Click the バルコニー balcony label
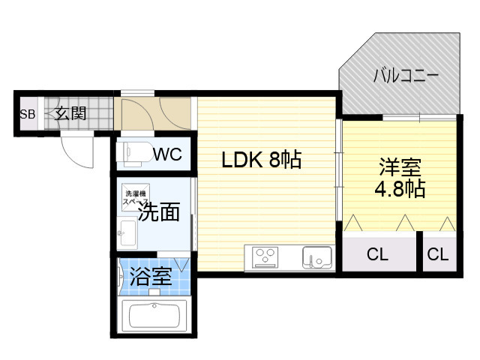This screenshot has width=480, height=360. tap(406, 76)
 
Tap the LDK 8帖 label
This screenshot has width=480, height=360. tap(260, 160)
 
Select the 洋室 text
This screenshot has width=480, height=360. tap(399, 166)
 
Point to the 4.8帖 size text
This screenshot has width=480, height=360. tap(399, 188)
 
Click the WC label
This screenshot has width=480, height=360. tap(167, 154)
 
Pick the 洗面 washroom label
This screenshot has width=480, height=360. tap(159, 212)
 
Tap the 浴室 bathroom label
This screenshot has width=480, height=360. tap(151, 277)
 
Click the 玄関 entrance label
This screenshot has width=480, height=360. tap(70, 114)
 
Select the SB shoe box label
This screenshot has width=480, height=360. tap(27, 115)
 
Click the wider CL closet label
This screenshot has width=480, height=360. tap(378, 254)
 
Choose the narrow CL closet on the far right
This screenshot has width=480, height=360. tap(437, 254)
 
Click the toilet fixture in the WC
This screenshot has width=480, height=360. tap(133, 153)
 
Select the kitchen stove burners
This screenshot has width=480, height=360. tap(265, 258)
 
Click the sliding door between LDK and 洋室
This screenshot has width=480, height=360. tap(338, 176)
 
